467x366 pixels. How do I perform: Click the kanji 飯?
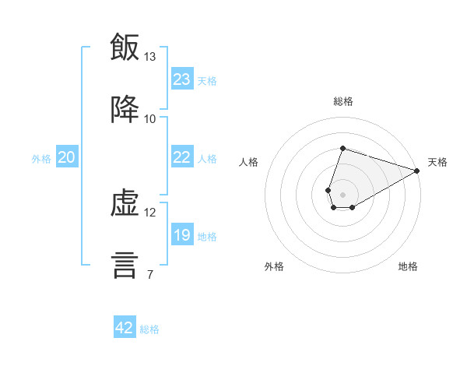coord(125,47)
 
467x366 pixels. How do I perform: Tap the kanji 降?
coord(125,109)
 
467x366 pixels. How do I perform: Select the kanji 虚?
coord(125,203)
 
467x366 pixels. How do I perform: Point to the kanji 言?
coord(125,266)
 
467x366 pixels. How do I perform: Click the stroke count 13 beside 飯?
coord(149,57)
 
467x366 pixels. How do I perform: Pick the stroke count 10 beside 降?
coord(149,119)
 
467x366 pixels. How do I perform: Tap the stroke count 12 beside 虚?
coord(149,213)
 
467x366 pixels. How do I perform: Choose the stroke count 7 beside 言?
coord(150,274)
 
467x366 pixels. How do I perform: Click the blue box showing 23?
coord(182,79)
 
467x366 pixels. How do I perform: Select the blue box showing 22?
coord(182,157)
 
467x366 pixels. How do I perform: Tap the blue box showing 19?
coord(182,234)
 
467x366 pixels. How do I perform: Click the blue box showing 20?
coord(67,157)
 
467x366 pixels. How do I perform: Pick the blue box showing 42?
coord(125,326)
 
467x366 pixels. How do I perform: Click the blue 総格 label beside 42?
coord(149,329)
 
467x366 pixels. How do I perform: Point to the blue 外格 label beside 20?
coord(41,159)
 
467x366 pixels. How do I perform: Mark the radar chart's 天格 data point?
coord(417,171)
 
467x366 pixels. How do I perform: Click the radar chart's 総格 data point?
coord(342,148)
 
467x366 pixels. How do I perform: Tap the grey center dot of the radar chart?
coord(342,195)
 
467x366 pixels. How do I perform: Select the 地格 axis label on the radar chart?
coord(408,266)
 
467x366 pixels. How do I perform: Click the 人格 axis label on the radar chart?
coord(248,162)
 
